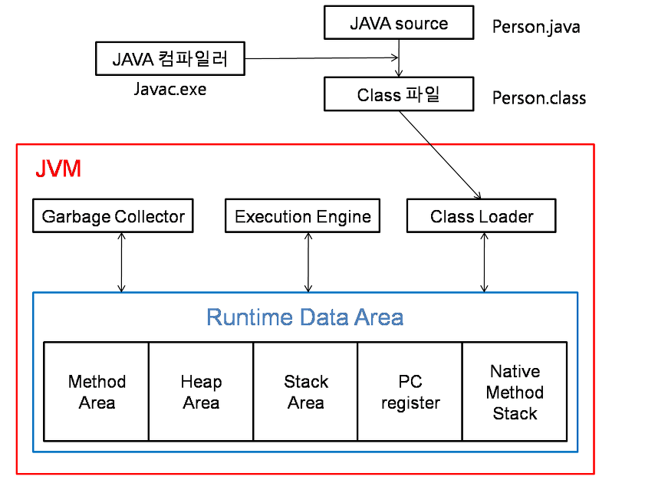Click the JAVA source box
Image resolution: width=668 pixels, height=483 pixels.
pyautogui.click(x=399, y=23)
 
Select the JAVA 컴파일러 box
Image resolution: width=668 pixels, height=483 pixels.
pyautogui.click(x=169, y=59)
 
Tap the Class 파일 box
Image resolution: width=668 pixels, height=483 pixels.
pyautogui.click(x=399, y=95)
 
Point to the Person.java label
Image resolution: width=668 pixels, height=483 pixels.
pyautogui.click(x=536, y=28)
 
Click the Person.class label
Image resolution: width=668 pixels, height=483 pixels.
pyautogui.click(x=539, y=98)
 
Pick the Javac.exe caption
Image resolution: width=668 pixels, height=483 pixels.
pyautogui.click(x=169, y=89)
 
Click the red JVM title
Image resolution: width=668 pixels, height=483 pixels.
pyautogui.click(x=58, y=169)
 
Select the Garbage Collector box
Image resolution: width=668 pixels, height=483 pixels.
pyautogui.click(x=114, y=216)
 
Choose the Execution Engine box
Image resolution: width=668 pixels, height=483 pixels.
pyautogui.click(x=303, y=216)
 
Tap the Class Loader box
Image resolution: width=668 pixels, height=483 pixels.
pyautogui.click(x=482, y=216)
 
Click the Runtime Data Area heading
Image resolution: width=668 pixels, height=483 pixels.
pyautogui.click(x=305, y=317)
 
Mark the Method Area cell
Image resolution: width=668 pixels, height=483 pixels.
pyautogui.click(x=97, y=392)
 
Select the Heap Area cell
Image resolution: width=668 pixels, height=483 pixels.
pyautogui.click(x=201, y=392)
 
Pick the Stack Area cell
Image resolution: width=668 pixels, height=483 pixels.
pyautogui.click(x=305, y=392)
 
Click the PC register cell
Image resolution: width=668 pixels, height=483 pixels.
pyautogui.click(x=410, y=392)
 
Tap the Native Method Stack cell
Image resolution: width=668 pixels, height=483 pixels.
pyautogui.click(x=515, y=392)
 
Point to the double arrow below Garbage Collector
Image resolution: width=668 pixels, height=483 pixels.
pyautogui.click(x=121, y=262)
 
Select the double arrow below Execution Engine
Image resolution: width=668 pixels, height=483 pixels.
pyautogui.click(x=308, y=262)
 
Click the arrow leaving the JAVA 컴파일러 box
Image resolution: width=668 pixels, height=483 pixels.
pyautogui.click(x=322, y=58)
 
